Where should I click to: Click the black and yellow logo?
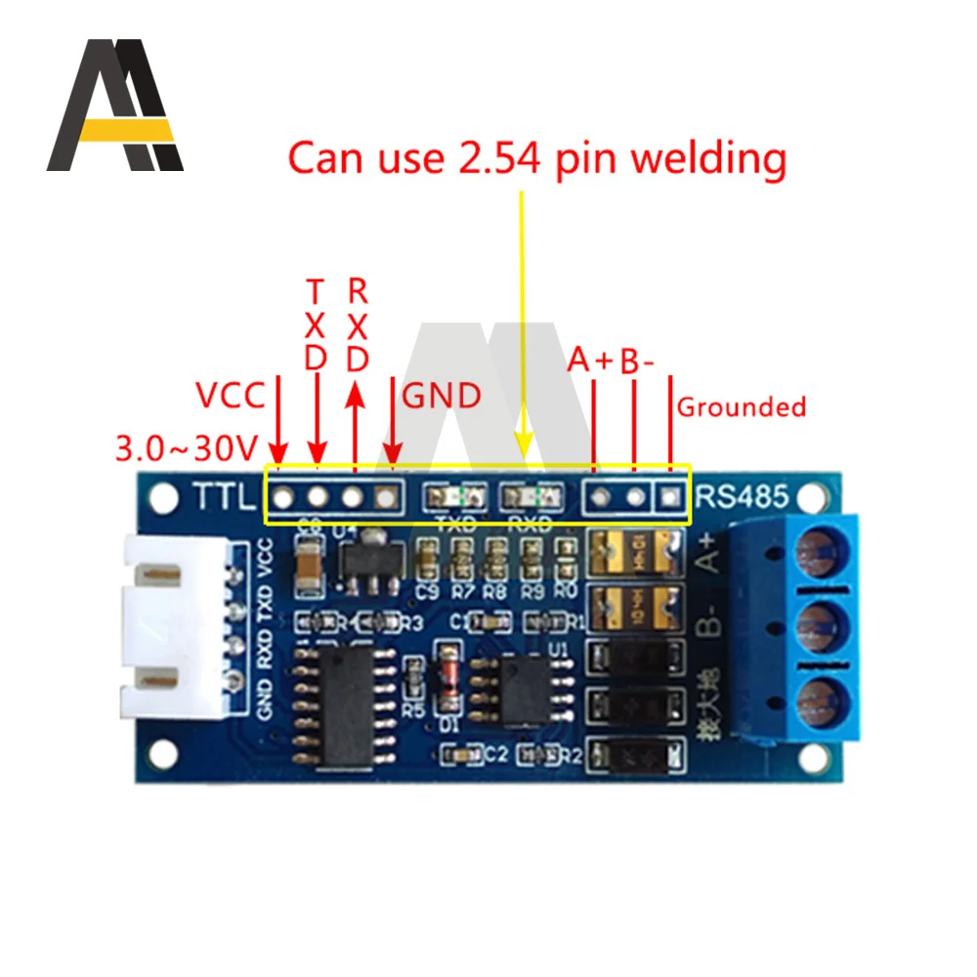click(114, 106)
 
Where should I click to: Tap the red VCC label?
click(230, 396)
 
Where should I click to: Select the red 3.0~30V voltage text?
click(186, 448)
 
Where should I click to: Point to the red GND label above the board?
click(442, 396)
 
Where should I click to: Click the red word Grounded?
click(742, 406)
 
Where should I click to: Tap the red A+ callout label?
click(590, 361)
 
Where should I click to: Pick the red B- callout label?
click(637, 361)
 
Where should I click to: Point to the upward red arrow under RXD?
click(356, 396)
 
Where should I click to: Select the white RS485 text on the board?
click(740, 497)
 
